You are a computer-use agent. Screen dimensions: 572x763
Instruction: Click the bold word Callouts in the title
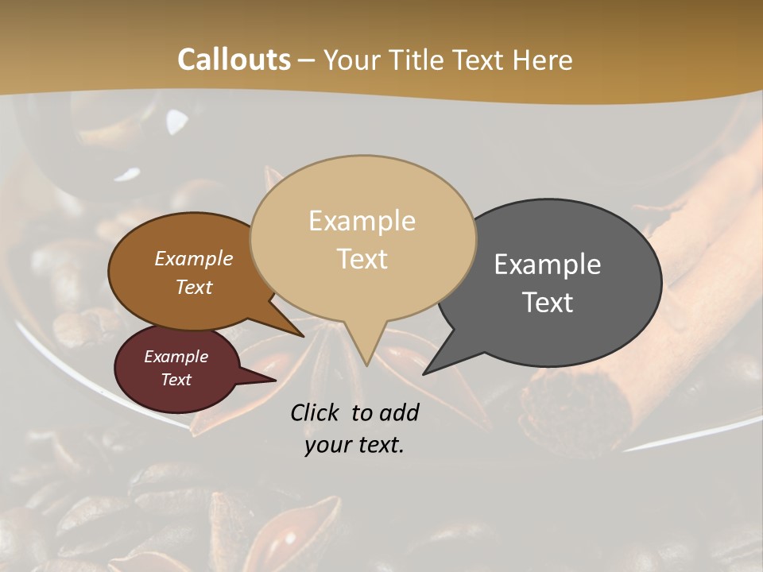point(234,60)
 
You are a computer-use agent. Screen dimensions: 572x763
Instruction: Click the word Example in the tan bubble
point(362,221)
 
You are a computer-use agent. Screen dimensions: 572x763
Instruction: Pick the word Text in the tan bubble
point(362,259)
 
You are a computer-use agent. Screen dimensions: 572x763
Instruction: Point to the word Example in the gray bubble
point(548,265)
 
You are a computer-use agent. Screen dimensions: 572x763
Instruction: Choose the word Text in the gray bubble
point(548,303)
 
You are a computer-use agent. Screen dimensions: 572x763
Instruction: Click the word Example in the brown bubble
point(194,259)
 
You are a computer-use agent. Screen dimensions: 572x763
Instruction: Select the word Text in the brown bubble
point(194,287)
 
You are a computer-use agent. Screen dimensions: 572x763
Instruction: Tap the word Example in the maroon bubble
point(176,357)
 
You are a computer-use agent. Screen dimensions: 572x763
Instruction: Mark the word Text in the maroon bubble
point(176,380)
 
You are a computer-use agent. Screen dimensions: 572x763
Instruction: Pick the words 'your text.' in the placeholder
point(354,445)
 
